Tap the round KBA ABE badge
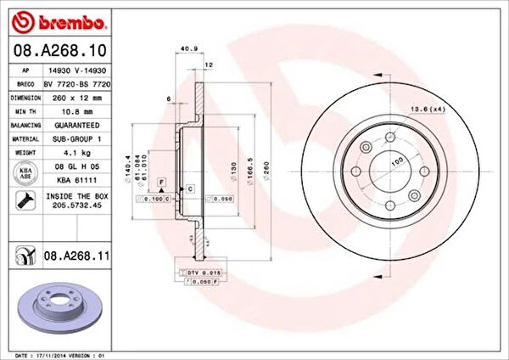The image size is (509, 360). click(25, 172)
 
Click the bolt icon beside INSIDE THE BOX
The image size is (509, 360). click(25, 200)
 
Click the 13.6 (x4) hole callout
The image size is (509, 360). click(428, 110)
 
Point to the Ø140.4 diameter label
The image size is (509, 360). click(127, 166)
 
